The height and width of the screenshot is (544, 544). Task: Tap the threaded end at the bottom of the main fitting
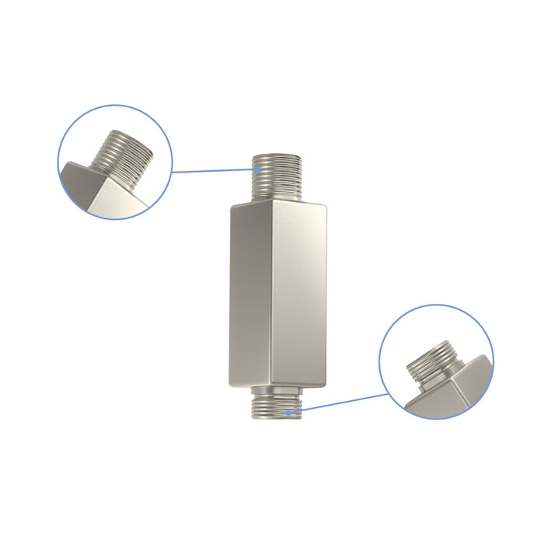pos(275,406)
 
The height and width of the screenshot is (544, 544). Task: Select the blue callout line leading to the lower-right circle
pos(342,403)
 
